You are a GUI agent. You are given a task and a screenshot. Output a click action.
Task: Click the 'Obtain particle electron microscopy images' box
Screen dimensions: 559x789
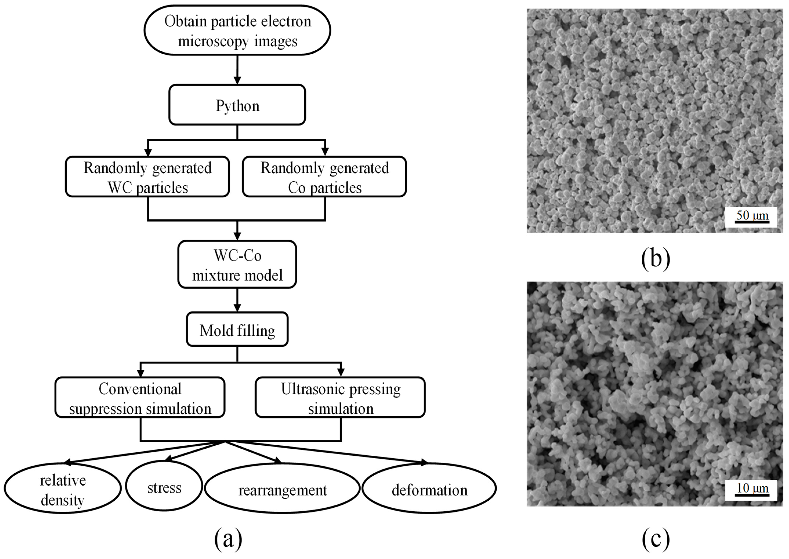[237, 30]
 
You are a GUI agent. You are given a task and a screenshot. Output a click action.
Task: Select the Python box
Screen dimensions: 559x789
[237, 105]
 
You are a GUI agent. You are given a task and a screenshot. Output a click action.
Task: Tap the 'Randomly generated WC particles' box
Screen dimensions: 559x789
[148, 177]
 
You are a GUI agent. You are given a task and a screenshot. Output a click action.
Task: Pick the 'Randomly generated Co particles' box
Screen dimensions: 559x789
[324, 177]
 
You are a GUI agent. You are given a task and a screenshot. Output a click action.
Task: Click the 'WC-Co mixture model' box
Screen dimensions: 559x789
[237, 265]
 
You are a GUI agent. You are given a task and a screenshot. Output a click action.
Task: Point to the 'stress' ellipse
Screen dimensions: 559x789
[164, 487]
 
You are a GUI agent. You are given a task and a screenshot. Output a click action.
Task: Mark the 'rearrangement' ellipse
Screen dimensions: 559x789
[282, 489]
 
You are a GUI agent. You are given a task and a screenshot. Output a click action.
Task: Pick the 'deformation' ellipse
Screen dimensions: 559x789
[429, 489]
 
